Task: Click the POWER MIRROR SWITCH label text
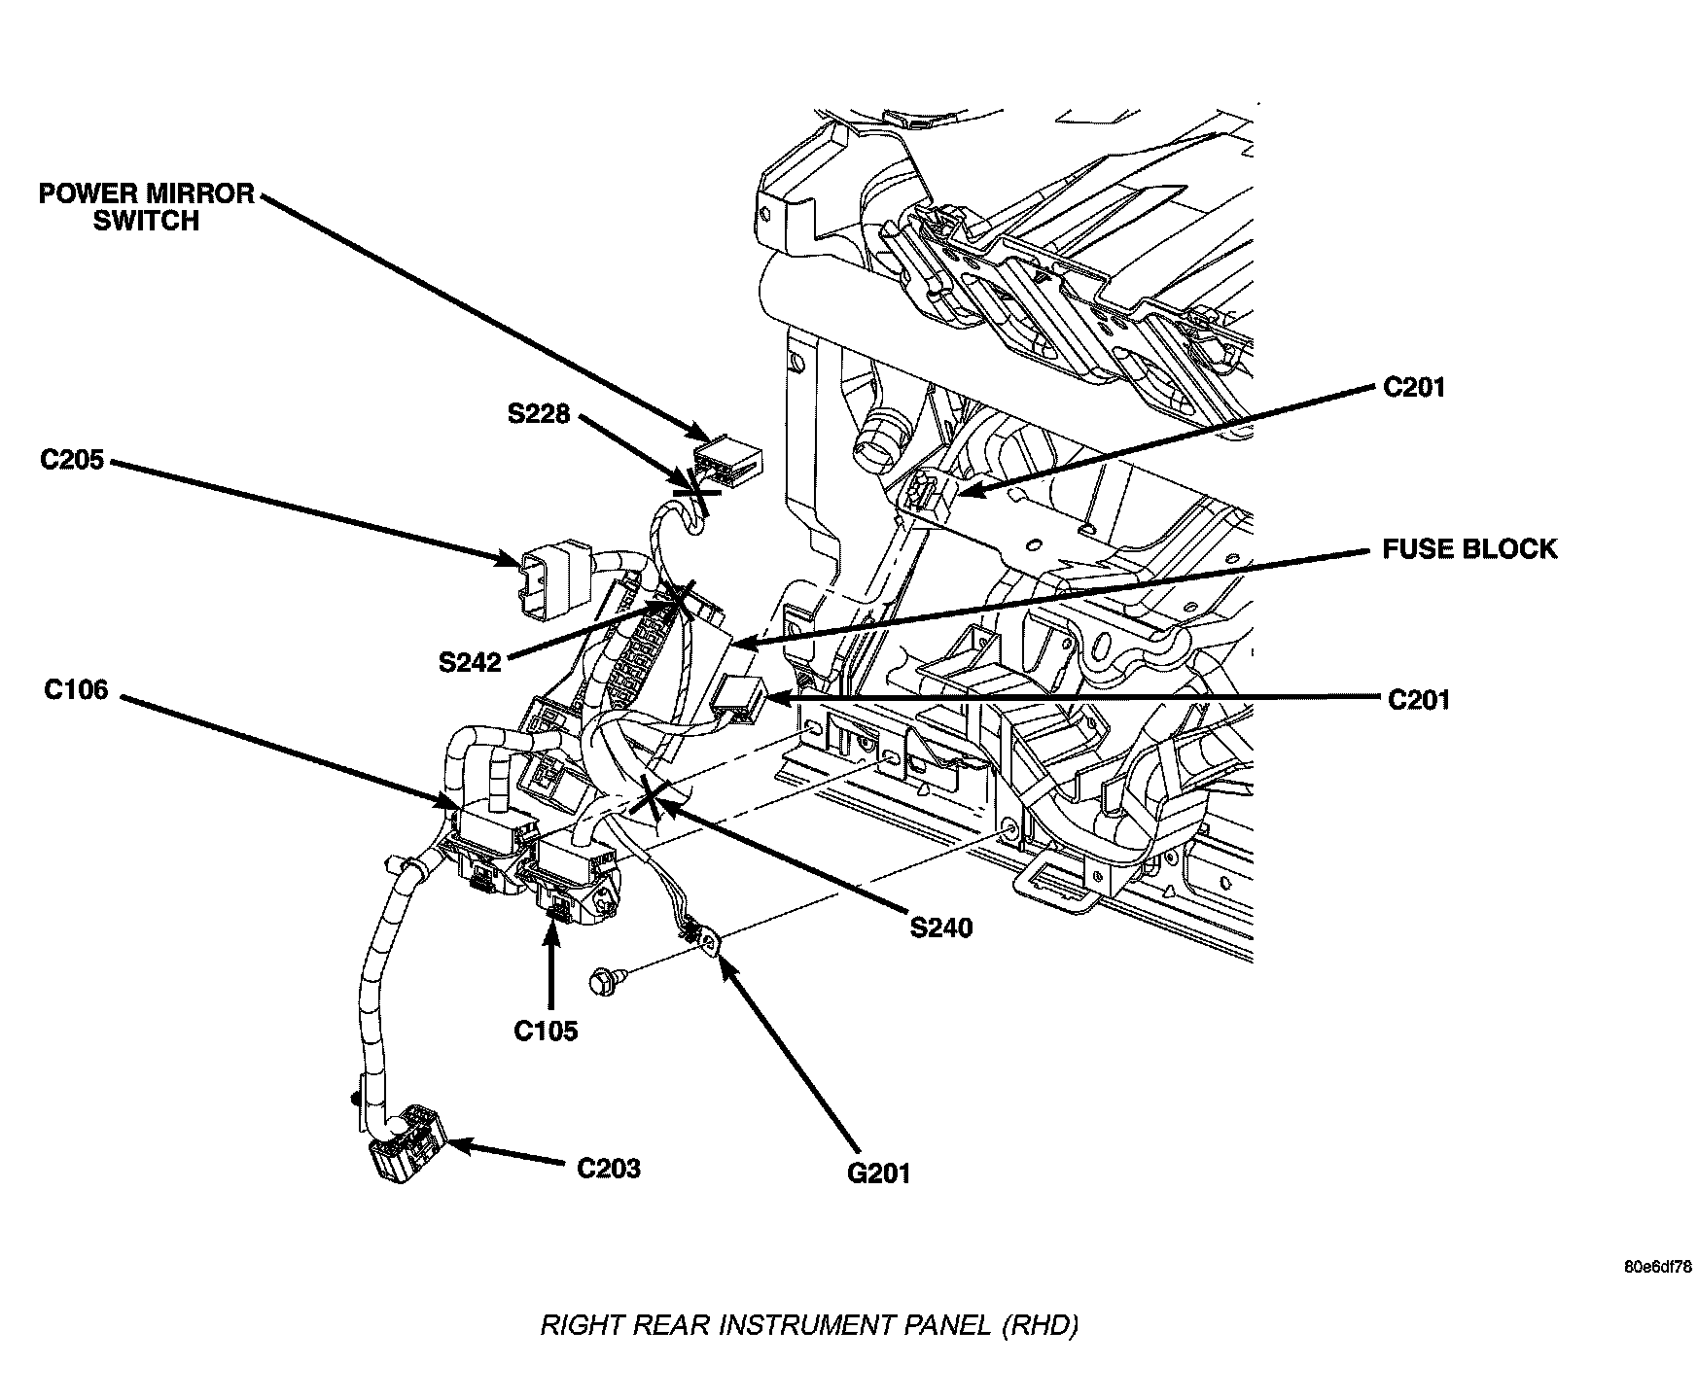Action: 146,207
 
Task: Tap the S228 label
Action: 539,414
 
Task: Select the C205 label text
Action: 72,460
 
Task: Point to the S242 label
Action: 470,662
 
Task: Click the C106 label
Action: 76,690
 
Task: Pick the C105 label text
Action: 546,1030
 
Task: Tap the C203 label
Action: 609,1168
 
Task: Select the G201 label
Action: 879,1173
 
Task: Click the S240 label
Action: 941,927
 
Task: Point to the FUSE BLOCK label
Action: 1469,549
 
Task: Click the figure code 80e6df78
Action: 1657,1267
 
